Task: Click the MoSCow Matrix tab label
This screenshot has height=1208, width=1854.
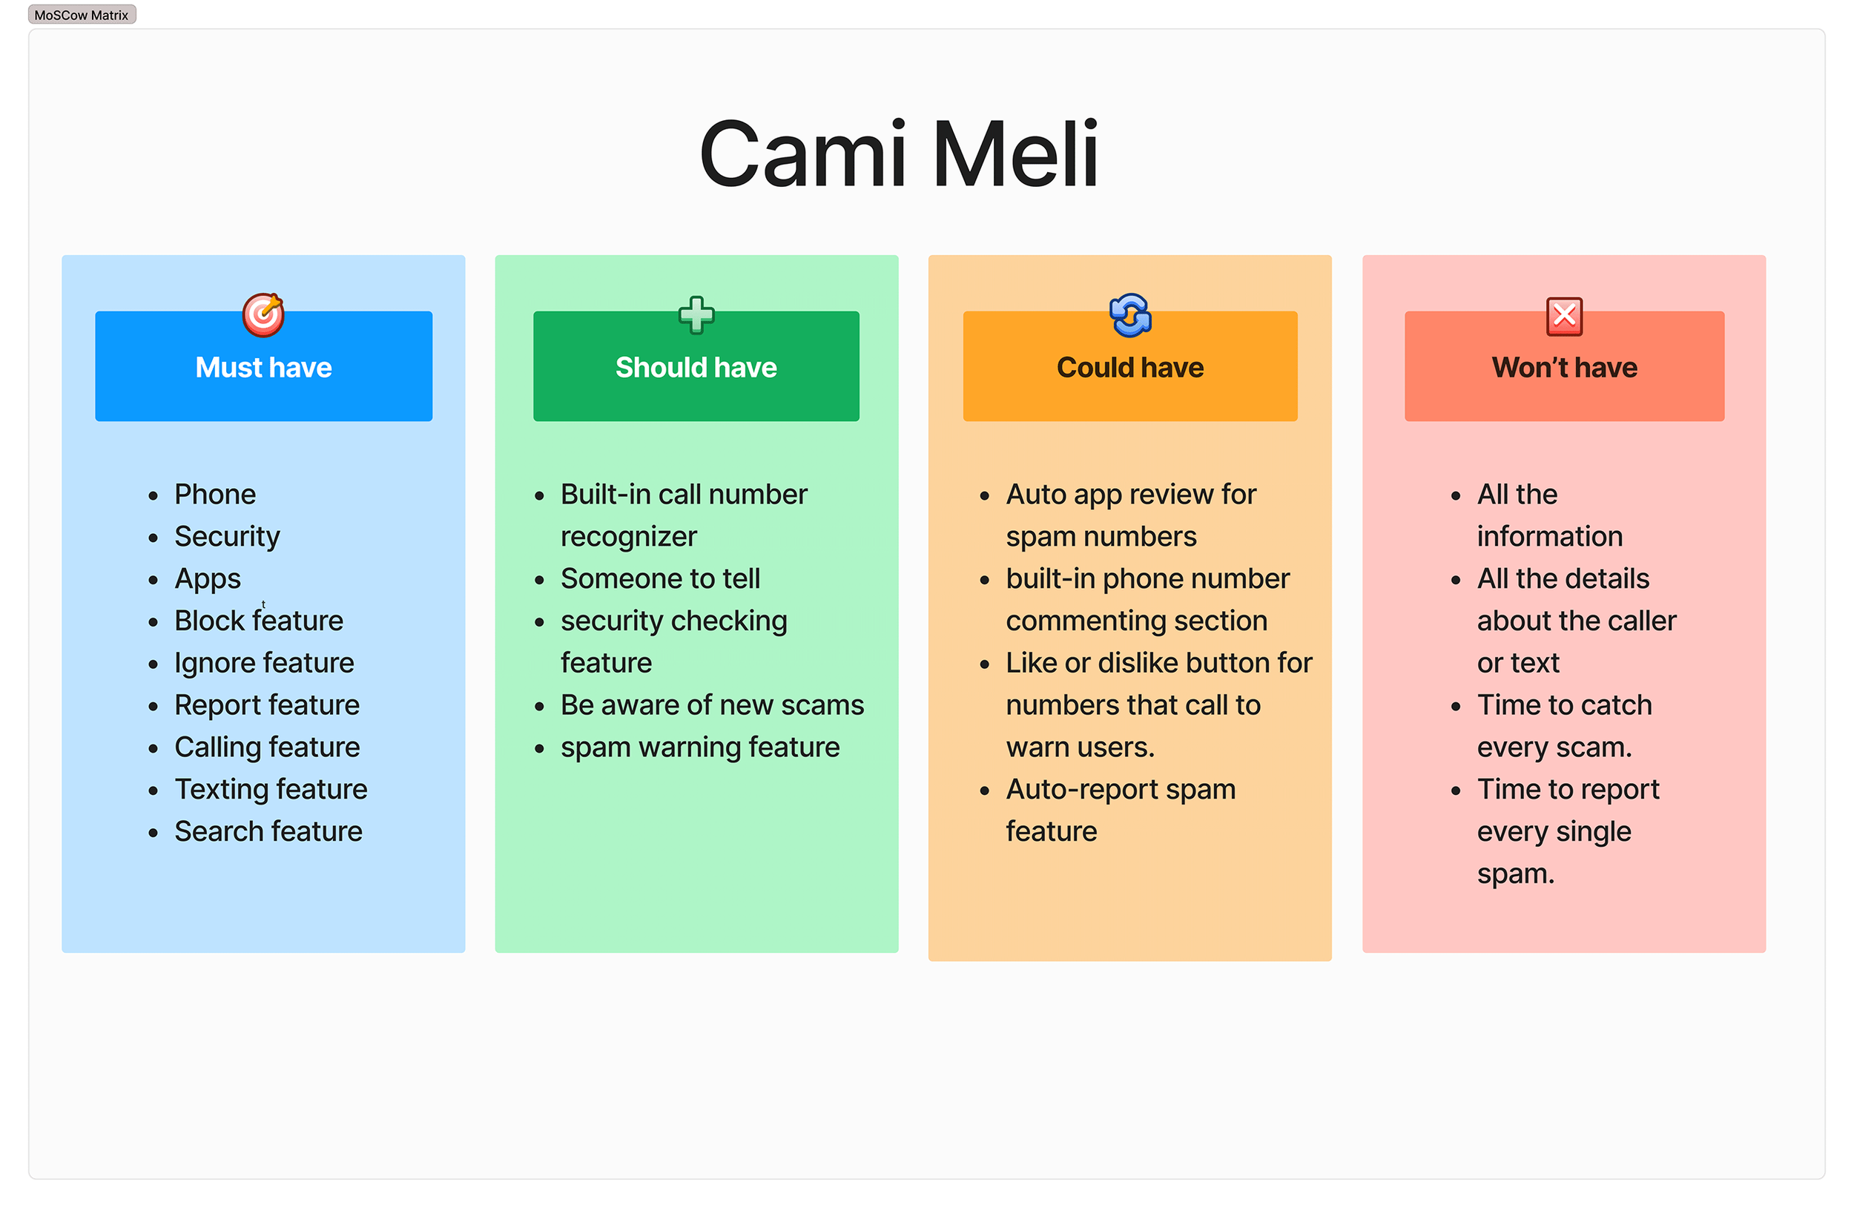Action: point(81,15)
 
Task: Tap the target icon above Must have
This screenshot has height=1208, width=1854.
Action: point(263,314)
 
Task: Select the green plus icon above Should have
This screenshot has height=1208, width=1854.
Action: point(696,314)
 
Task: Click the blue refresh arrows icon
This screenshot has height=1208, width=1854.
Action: point(1129,314)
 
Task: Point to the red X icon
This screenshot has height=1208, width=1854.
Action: point(1563,316)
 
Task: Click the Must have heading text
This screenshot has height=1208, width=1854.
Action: point(263,367)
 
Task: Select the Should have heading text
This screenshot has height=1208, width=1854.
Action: point(696,367)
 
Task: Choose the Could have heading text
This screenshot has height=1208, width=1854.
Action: point(1129,367)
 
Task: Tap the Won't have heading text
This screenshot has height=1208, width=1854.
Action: point(1564,367)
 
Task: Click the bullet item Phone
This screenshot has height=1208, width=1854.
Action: point(215,494)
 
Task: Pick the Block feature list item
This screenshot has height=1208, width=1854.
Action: point(259,620)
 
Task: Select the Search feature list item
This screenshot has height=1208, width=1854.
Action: point(268,831)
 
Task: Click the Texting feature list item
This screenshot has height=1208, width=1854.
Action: point(270,789)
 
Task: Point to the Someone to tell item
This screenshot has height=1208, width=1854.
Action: point(660,578)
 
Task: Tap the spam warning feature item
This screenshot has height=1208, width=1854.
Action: point(699,747)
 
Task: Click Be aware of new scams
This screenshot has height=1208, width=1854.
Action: point(712,705)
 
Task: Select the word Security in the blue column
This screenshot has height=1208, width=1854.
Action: point(227,536)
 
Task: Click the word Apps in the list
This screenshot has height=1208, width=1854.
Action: point(207,578)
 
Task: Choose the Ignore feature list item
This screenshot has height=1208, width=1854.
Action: point(264,662)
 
